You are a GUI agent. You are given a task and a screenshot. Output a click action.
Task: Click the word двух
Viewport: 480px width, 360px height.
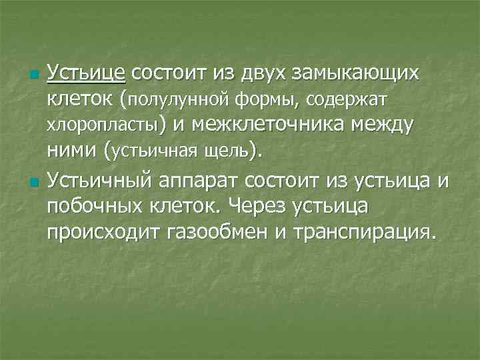[x=258, y=72]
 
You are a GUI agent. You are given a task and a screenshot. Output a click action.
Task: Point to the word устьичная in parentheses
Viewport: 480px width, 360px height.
[x=155, y=152]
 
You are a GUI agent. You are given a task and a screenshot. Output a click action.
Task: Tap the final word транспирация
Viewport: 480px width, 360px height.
[x=376, y=233]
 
